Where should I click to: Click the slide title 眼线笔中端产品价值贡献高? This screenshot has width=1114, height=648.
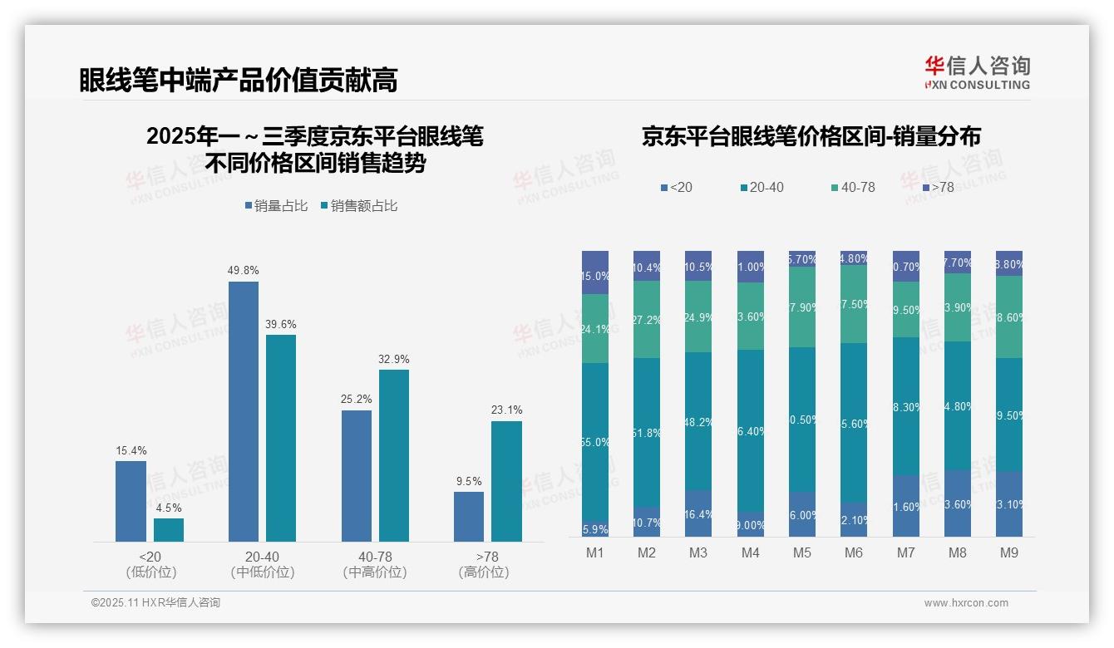coord(239,80)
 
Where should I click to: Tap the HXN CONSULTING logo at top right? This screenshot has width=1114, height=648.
coord(977,73)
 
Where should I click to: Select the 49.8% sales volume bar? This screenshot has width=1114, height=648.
coord(244,411)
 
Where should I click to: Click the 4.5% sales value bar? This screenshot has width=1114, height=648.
coord(169,530)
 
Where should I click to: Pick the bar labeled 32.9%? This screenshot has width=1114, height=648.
coord(394,455)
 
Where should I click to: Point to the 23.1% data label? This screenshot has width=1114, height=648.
coord(507,410)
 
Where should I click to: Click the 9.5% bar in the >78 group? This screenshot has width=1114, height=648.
coord(469,516)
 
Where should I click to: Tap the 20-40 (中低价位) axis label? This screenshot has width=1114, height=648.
coord(263,564)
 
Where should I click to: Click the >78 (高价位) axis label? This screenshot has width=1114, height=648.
coord(484,564)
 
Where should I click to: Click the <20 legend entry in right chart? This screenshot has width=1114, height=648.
coord(676,188)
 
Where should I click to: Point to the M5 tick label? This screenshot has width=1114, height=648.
coord(801,552)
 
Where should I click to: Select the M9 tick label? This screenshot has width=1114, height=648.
coord(1008,552)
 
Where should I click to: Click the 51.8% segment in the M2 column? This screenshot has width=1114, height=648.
coord(647,433)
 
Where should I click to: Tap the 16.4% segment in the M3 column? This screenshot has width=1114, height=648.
coord(698,513)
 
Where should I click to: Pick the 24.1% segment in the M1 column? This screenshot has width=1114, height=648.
coord(595,329)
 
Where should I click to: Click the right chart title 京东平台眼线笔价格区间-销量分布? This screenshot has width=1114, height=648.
coord(811,137)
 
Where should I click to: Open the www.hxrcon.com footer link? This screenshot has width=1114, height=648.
coord(966,603)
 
